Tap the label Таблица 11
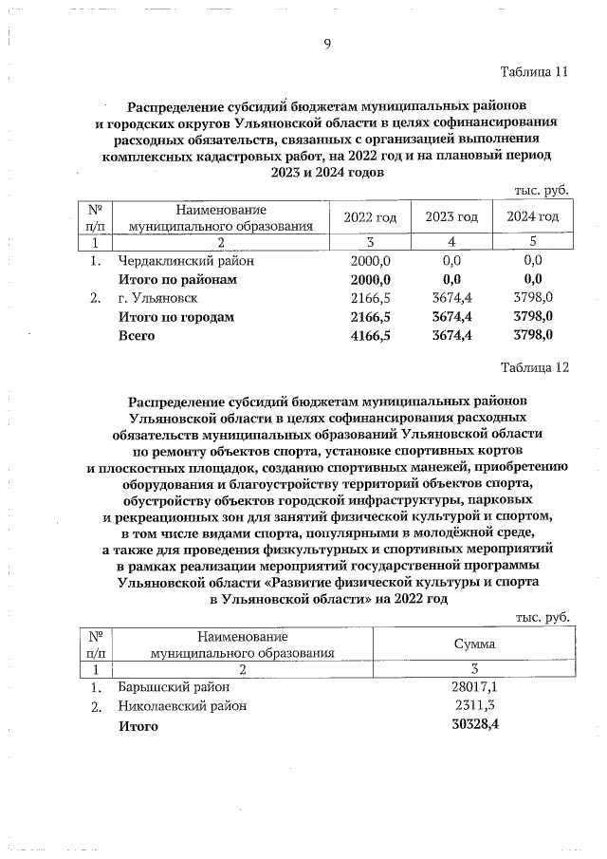(534, 73)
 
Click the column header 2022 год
(370, 217)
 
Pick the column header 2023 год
(451, 217)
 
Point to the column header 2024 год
(532, 217)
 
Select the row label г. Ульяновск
(157, 298)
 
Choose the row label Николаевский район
(181, 706)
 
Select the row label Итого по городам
(175, 317)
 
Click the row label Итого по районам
(176, 279)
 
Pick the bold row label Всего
(136, 336)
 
